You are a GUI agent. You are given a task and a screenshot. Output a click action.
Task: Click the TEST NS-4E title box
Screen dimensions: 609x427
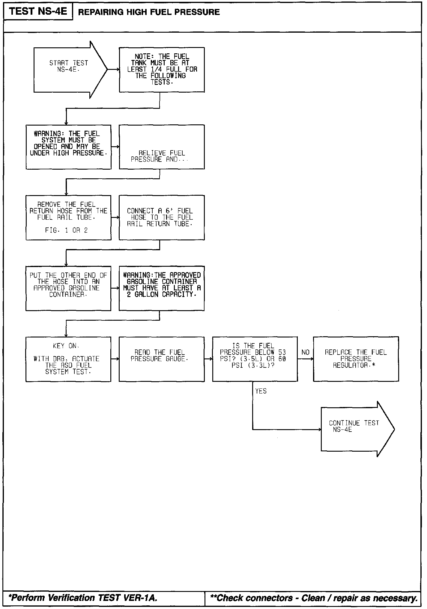[38, 12]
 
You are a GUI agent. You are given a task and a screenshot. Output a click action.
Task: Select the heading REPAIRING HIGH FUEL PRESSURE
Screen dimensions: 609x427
[149, 12]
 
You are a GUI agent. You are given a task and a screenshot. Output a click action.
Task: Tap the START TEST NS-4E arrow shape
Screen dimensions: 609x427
[69, 70]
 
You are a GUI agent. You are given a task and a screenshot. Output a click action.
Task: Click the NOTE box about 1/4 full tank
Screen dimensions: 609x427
[162, 70]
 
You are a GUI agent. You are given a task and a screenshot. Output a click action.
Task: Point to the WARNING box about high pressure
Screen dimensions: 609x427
[68, 147]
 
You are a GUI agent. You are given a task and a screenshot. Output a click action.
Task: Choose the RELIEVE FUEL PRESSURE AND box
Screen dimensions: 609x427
[162, 147]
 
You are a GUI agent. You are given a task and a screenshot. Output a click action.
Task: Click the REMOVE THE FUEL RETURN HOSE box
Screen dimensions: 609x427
[68, 218]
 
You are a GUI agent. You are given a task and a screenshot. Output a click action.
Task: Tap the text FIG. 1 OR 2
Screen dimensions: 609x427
[66, 230]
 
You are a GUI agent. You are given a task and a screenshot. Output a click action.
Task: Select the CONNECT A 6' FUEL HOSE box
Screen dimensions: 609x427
[162, 218]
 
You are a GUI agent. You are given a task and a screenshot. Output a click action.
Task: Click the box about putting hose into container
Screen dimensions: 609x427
[68, 288]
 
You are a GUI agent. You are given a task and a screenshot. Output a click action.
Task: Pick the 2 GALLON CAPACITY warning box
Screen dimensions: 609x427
[162, 288]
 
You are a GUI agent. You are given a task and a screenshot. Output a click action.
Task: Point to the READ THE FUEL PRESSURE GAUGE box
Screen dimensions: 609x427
[162, 359]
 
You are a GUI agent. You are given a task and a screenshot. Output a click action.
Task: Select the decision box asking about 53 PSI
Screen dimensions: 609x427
[255, 359]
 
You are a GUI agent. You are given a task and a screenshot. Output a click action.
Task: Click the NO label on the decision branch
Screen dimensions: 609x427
[305, 352]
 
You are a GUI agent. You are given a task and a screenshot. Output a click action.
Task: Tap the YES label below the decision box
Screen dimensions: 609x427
[261, 391]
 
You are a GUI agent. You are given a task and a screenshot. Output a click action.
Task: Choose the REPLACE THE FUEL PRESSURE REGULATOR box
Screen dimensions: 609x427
[356, 359]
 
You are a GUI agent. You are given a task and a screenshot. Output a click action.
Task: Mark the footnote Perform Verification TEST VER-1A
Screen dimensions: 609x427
[83, 598]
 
